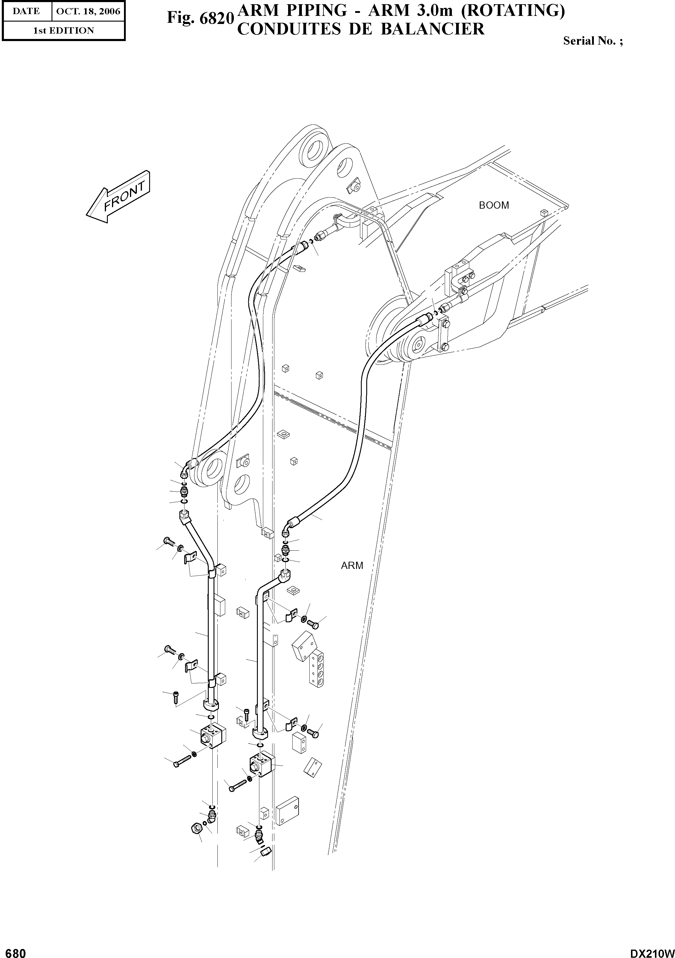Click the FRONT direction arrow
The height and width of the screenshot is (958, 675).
[x=118, y=197]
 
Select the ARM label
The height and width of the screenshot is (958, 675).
[x=352, y=565]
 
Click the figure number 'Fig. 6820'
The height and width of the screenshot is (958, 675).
[x=200, y=17]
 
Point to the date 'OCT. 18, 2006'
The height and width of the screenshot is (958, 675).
[x=88, y=11]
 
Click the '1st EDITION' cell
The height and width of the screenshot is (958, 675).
[x=63, y=31]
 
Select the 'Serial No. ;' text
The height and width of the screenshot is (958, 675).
[x=593, y=41]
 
